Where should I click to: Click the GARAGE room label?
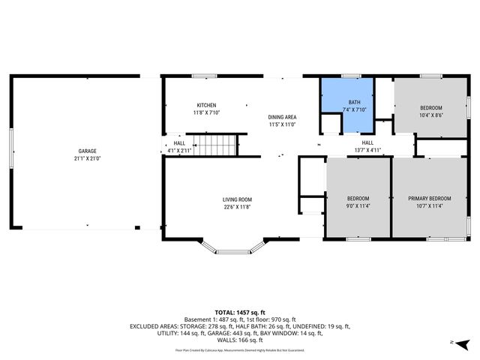[87, 151]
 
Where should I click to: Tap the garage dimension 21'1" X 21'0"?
[87, 158]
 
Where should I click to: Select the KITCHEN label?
[206, 105]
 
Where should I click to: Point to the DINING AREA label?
[282, 117]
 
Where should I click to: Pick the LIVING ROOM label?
[236, 199]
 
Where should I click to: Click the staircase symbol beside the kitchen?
[212, 143]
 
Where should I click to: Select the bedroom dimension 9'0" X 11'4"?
[357, 206]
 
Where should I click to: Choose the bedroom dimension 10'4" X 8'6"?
[430, 115]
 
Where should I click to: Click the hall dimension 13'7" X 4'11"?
[367, 150]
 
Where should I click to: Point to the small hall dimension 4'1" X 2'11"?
[179, 151]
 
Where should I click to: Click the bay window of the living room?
[236, 247]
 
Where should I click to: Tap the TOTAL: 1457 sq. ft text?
[240, 312]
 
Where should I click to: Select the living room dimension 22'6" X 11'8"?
[236, 207]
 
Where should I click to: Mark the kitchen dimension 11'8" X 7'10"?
[206, 112]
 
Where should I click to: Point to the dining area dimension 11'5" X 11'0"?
[282, 124]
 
